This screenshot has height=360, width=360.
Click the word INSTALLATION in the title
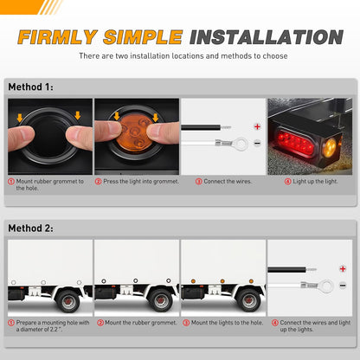click(266, 37)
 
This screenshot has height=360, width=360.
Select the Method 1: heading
click(30, 87)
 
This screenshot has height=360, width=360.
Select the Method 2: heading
click(30, 228)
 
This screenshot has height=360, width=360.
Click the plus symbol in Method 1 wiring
click(257, 125)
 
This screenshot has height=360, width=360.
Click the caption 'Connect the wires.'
click(226, 181)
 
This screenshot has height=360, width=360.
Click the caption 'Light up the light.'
click(313, 181)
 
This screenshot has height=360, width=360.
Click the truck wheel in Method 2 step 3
click(248, 302)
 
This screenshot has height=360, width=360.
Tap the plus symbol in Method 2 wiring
click(344, 268)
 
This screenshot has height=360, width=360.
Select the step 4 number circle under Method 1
click(286, 181)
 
